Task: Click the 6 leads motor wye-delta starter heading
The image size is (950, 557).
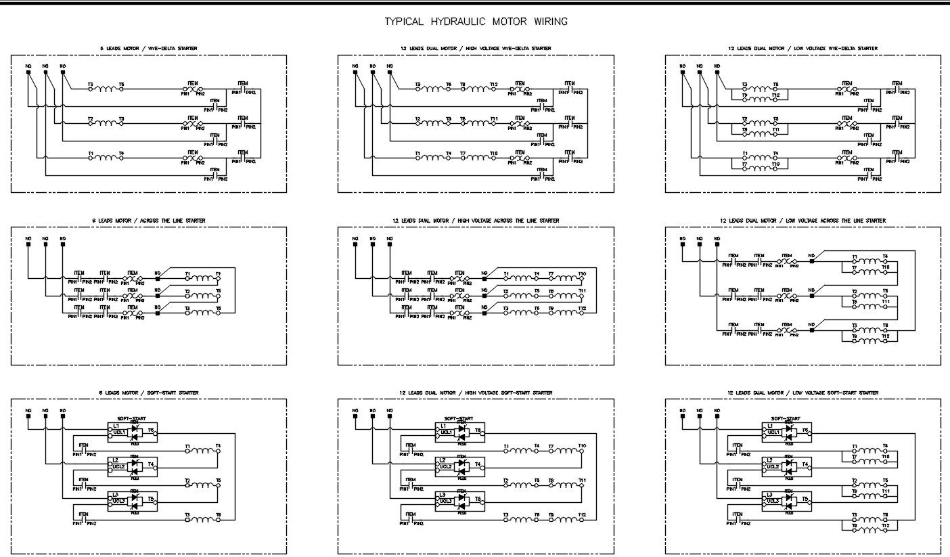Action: (x=149, y=49)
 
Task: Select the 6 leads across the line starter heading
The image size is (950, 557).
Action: (x=149, y=221)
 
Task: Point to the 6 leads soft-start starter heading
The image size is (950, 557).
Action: (x=149, y=393)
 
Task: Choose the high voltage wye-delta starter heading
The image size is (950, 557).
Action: (x=476, y=49)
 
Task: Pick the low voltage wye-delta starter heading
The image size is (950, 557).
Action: (x=802, y=49)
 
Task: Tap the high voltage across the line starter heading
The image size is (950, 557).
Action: (x=476, y=221)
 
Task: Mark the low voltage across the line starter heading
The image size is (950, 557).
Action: (x=802, y=221)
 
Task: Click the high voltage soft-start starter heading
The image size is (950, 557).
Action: (x=476, y=393)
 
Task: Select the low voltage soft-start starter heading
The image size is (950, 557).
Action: (x=802, y=393)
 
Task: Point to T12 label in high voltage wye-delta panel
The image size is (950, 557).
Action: (x=494, y=85)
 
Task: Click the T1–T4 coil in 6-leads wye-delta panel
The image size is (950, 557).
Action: (x=105, y=158)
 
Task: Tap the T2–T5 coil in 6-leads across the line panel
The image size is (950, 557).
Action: (x=202, y=295)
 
